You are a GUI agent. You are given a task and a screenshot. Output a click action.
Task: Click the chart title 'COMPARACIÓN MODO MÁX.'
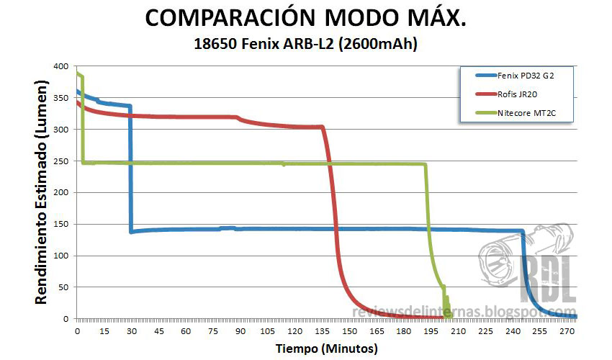click(306, 19)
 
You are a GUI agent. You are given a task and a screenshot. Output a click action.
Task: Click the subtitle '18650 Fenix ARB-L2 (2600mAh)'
click(306, 44)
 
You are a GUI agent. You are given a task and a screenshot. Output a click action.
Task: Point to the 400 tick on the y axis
click(63, 66)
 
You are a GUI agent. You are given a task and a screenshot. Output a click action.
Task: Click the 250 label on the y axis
click(63, 161)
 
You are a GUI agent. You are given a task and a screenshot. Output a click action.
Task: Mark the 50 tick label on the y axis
click(66, 287)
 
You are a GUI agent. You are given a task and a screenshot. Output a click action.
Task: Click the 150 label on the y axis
click(63, 224)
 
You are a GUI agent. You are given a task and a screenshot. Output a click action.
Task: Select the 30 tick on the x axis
click(132, 331)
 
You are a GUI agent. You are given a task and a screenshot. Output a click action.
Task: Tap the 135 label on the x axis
click(322, 331)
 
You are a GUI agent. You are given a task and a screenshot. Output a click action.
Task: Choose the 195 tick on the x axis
click(431, 331)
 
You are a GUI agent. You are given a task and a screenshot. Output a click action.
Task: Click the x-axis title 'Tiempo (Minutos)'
click(326, 348)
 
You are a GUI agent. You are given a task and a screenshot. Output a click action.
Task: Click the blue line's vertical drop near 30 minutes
click(130, 173)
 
